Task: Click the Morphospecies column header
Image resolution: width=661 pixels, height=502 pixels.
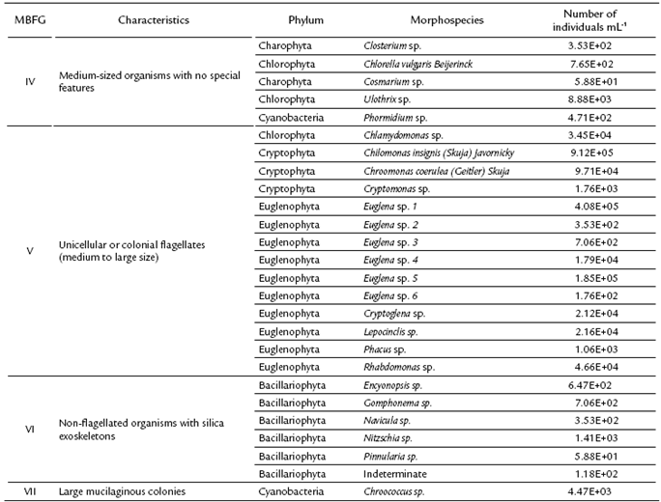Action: (411, 19)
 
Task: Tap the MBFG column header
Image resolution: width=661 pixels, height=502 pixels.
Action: (29, 19)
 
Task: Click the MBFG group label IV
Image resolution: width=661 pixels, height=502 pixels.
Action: (29, 81)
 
